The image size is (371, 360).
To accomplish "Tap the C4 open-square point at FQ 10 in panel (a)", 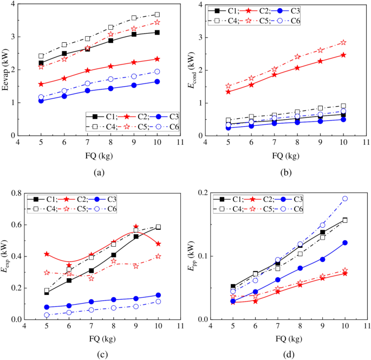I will click(x=157, y=15).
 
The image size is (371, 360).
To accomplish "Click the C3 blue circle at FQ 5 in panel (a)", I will click(x=41, y=100).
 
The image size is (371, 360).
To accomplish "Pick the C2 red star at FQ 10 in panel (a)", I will click(x=157, y=59).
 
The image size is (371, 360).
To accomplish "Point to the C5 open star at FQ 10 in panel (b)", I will click(x=343, y=42).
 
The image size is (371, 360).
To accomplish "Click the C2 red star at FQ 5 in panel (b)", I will click(x=228, y=92).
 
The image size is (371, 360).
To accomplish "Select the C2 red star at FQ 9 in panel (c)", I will click(x=136, y=227).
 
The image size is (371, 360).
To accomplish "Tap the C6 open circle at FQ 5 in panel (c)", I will click(x=47, y=315).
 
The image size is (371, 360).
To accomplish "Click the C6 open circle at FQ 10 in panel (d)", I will click(x=344, y=198).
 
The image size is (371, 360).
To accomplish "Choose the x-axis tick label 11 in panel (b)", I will click(x=367, y=143).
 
